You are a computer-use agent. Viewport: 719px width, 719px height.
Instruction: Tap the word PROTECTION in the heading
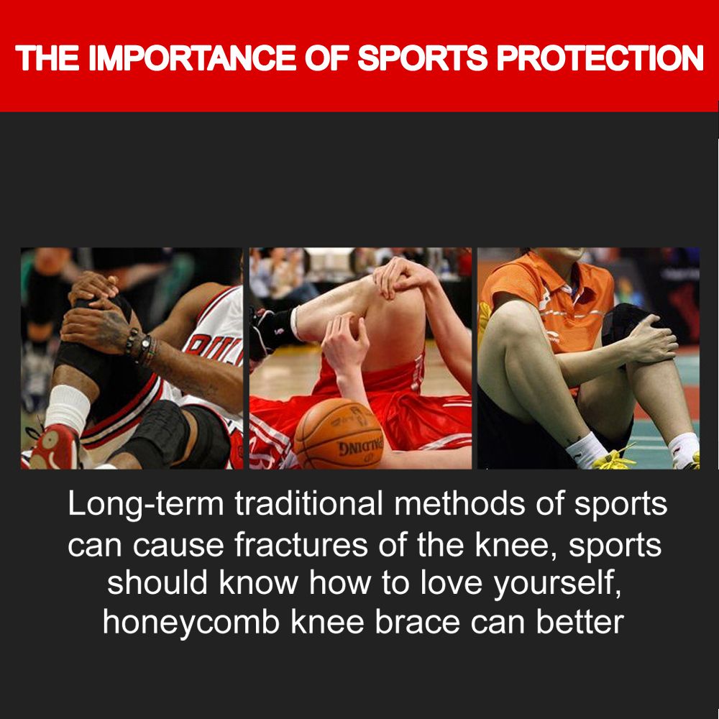coord(600,58)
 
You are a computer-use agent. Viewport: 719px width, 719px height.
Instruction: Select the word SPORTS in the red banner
coord(422,58)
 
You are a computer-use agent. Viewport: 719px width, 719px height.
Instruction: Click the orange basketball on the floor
coord(339,434)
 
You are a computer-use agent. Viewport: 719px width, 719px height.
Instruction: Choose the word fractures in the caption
coord(301,545)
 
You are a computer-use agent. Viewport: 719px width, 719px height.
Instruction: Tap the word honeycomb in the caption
coord(191,623)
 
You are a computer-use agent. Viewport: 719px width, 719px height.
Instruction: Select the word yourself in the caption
coord(557,584)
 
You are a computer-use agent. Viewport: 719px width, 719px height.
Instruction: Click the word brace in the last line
coord(417,623)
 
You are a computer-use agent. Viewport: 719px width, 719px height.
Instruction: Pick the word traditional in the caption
coord(308,503)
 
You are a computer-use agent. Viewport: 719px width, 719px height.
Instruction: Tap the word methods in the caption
coord(459,503)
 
